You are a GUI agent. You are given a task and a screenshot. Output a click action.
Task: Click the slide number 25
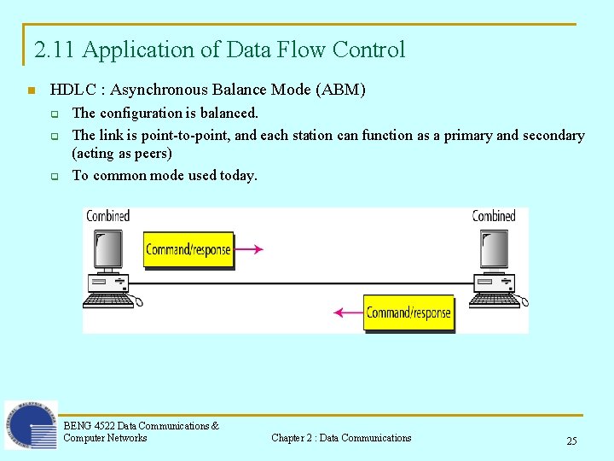(x=571, y=441)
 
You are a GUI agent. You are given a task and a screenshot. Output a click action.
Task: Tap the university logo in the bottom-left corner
(x=32, y=425)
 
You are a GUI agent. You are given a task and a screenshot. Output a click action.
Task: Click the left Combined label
(x=107, y=216)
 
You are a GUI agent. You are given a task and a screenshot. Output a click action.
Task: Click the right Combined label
(x=494, y=216)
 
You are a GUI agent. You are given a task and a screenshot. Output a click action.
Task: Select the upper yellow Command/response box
(x=188, y=250)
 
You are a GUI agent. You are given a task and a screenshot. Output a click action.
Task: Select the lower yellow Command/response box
(x=408, y=312)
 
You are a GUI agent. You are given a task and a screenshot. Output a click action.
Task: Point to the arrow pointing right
(x=249, y=249)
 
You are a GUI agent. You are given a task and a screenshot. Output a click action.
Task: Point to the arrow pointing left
(x=348, y=312)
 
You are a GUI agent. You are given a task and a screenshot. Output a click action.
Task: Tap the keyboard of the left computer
(x=107, y=300)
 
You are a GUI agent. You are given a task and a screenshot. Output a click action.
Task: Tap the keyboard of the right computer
(x=494, y=300)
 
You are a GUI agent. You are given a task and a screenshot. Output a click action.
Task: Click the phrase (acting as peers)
(x=122, y=154)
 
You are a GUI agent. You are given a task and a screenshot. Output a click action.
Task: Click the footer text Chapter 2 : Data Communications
(x=341, y=438)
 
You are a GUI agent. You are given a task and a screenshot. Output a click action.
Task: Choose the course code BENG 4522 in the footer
(x=89, y=426)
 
